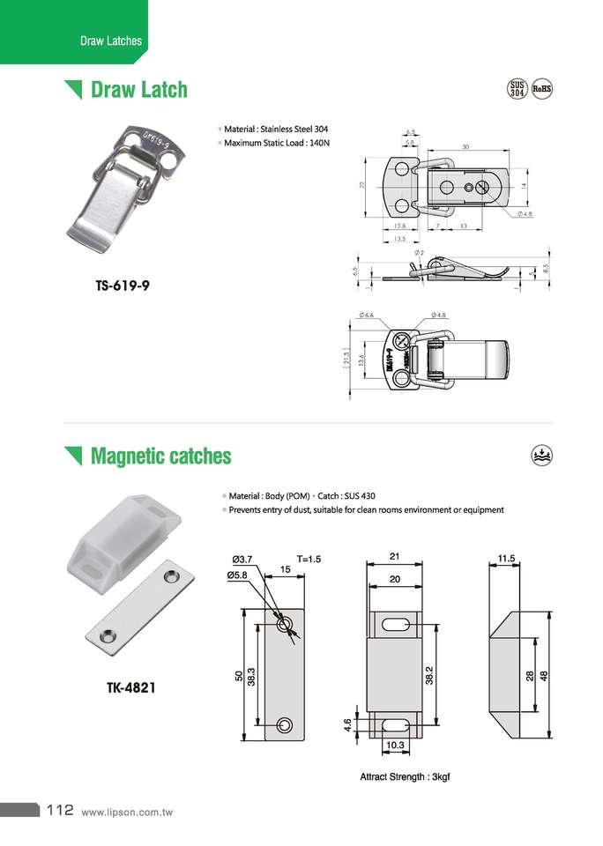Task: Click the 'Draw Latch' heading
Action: click(139, 90)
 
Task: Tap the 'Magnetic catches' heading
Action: click(160, 456)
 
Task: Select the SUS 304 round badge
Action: click(517, 88)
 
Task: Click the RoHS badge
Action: click(541, 88)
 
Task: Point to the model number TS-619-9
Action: click(128, 286)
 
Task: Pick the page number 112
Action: click(59, 810)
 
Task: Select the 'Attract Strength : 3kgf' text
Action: click(405, 777)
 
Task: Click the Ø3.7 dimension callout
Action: click(242, 559)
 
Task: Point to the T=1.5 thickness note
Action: click(309, 559)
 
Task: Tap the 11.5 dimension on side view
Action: click(505, 559)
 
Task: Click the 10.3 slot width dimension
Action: click(394, 746)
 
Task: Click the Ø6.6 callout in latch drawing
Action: click(368, 315)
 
